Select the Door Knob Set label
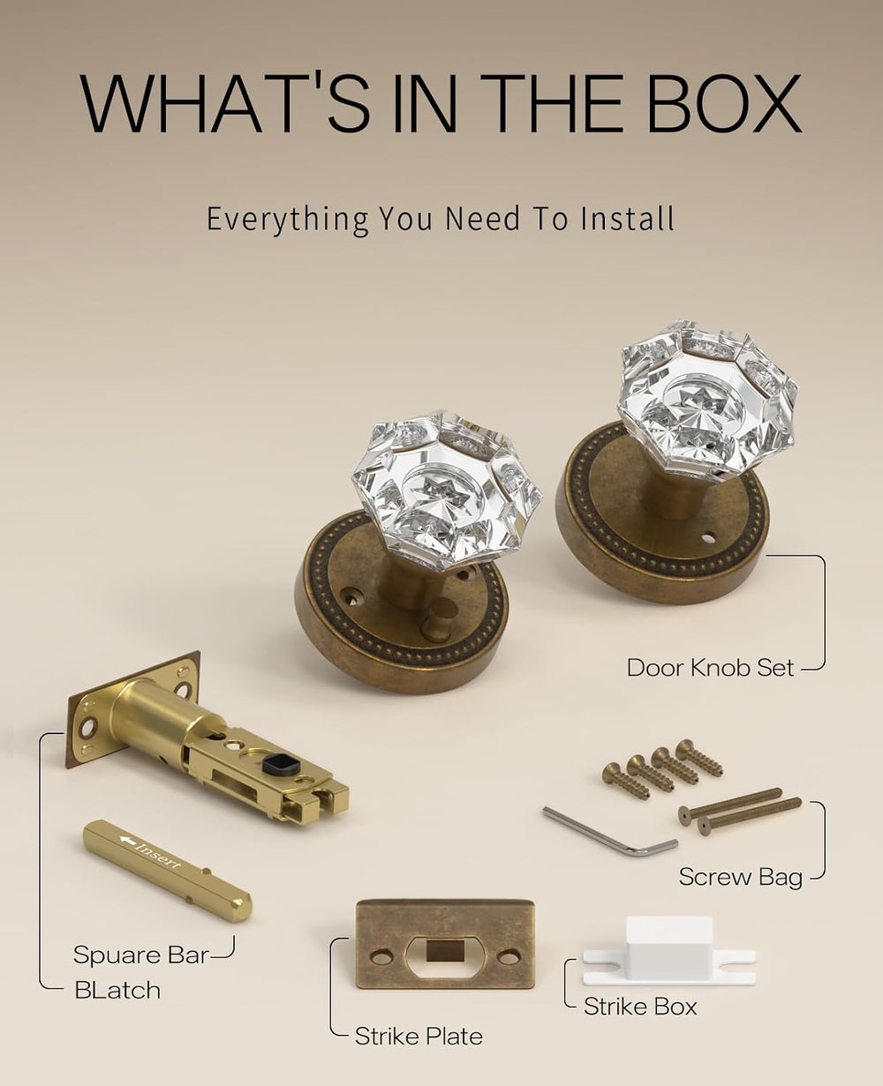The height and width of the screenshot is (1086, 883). point(710,668)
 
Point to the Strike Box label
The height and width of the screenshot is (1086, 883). point(640,1007)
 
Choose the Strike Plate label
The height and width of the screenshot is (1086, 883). point(419,1037)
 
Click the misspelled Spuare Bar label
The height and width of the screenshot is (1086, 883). point(141,955)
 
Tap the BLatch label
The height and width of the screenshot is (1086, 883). point(117,991)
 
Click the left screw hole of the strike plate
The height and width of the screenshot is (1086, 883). point(381,957)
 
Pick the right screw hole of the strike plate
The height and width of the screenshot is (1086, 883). point(509,957)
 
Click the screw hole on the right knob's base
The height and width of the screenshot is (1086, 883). point(707,538)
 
